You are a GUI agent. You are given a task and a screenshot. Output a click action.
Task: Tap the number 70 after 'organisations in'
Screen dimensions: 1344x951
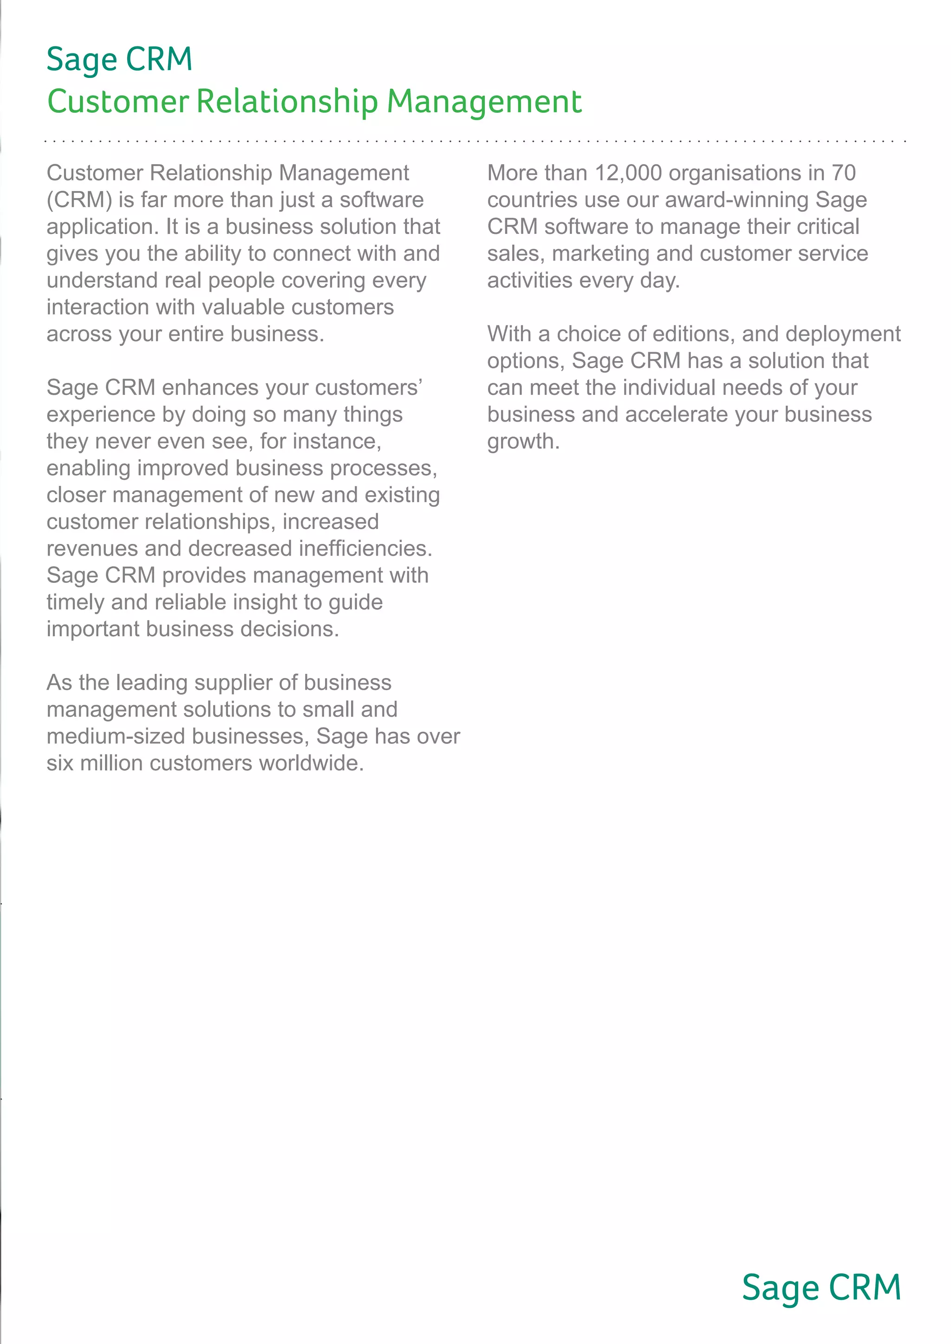pyautogui.click(x=843, y=173)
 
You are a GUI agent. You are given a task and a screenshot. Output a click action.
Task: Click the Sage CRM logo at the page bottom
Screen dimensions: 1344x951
pyautogui.click(x=821, y=1288)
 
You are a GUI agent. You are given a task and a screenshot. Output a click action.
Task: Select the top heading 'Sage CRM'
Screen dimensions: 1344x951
pyautogui.click(x=119, y=60)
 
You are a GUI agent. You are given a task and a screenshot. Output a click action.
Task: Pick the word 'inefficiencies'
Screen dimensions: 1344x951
pyautogui.click(x=365, y=549)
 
